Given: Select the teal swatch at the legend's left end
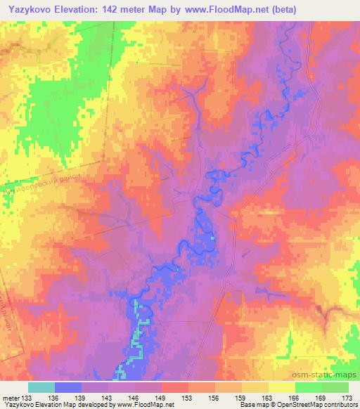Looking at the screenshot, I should click(x=41, y=387).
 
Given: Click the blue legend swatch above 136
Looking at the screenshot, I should click(x=68, y=387).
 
